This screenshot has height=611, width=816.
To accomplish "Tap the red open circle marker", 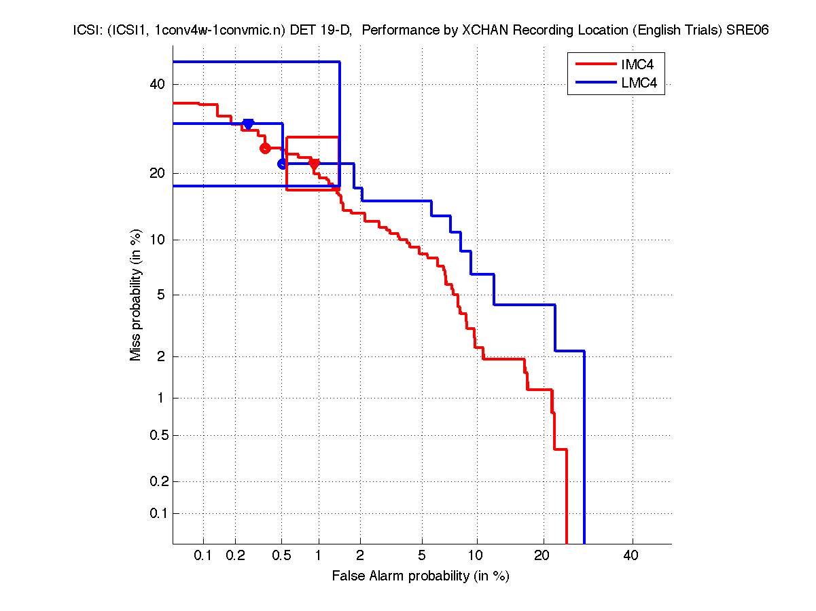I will point(265,148).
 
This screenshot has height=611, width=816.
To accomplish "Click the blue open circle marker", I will point(283,164).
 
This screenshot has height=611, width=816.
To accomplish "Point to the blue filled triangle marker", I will point(248,124).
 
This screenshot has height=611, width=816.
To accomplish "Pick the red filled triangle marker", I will point(314,163).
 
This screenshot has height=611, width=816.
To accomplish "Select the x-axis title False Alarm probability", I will point(421,576).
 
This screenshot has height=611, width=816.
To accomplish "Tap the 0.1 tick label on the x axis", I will point(203,556).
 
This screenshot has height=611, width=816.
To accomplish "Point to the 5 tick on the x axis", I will point(422,556).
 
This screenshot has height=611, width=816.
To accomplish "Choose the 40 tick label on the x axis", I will point(631,556).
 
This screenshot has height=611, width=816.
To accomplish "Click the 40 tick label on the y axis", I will point(157,84).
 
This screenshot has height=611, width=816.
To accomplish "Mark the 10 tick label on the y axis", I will point(157,240).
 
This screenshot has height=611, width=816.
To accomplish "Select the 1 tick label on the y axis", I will point(160,399).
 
